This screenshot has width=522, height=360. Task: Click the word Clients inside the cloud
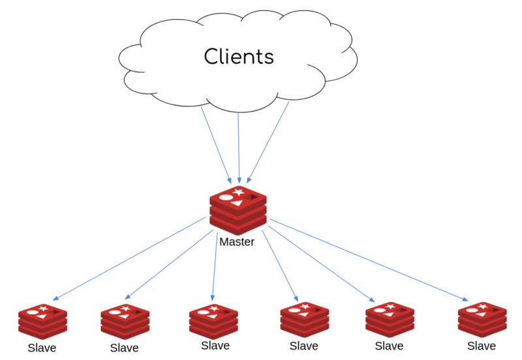[x=239, y=56]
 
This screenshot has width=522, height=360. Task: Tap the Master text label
[x=237, y=242]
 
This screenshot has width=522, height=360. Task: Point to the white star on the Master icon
[x=238, y=192]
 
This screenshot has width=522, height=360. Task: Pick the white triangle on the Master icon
[x=238, y=203]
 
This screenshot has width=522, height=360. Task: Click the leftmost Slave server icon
[x=43, y=320]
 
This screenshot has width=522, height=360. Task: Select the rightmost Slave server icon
[x=483, y=318]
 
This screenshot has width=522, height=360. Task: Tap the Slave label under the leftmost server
[x=42, y=348]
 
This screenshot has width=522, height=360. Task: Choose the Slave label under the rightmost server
[x=482, y=346]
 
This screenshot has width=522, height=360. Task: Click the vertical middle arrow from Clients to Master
[x=239, y=147]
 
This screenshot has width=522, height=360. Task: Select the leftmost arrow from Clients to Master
[x=215, y=143]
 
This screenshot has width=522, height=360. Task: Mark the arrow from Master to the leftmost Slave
[x=130, y=258]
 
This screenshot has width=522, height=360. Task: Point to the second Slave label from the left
[x=125, y=348]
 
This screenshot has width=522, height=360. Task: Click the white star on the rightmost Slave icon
[x=483, y=306]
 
